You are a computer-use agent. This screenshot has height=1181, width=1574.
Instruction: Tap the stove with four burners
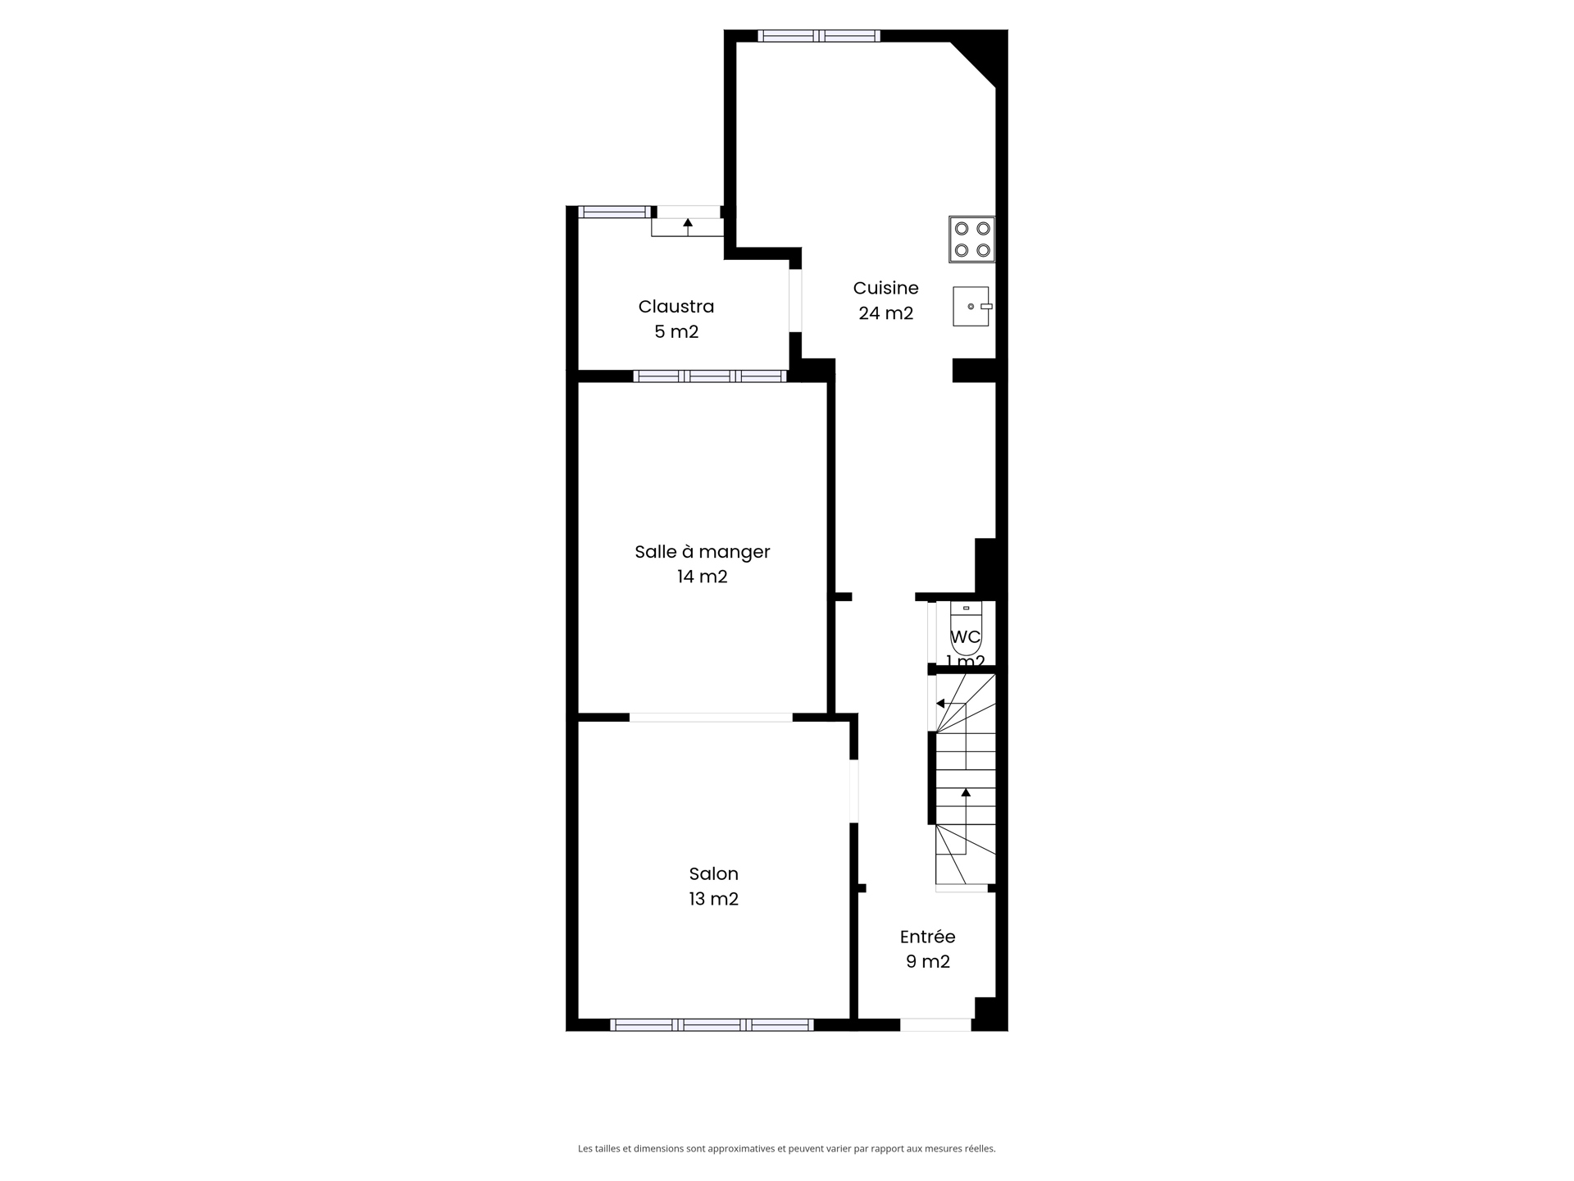972,239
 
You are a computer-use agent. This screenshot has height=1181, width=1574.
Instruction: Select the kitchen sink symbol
972,307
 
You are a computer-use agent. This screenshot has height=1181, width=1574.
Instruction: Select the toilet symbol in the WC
967,627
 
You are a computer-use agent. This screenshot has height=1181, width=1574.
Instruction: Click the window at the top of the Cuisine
819,36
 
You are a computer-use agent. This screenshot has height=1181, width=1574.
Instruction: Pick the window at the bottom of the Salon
712,1024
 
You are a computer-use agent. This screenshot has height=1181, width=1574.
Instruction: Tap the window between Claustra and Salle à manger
710,376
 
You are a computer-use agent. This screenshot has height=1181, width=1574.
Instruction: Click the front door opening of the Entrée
935,1024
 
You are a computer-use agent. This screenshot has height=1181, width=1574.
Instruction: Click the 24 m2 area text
885,313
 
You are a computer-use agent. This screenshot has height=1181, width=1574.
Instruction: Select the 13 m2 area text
714,900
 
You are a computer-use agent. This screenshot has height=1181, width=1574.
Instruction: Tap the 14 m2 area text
703,577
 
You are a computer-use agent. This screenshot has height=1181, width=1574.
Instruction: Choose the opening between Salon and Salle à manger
711,718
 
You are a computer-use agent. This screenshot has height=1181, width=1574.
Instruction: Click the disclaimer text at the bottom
787,1149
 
